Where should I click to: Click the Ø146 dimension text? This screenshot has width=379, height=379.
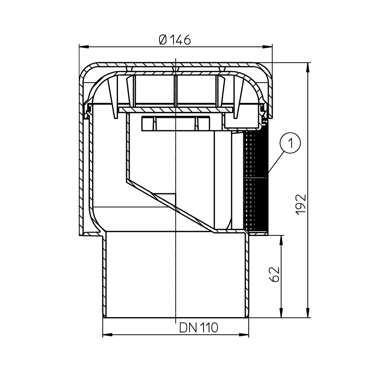click(x=175, y=40)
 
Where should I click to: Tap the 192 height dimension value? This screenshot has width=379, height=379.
click(x=301, y=205)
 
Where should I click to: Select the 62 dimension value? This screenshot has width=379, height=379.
click(x=274, y=274)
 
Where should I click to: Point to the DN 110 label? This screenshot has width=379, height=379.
click(x=199, y=328)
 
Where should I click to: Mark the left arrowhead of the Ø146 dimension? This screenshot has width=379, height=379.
click(x=84, y=47)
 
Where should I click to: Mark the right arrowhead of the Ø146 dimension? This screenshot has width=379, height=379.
click(x=267, y=47)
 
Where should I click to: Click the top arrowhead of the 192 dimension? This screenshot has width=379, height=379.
click(x=308, y=68)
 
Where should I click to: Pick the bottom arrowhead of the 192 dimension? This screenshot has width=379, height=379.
click(x=308, y=313)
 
